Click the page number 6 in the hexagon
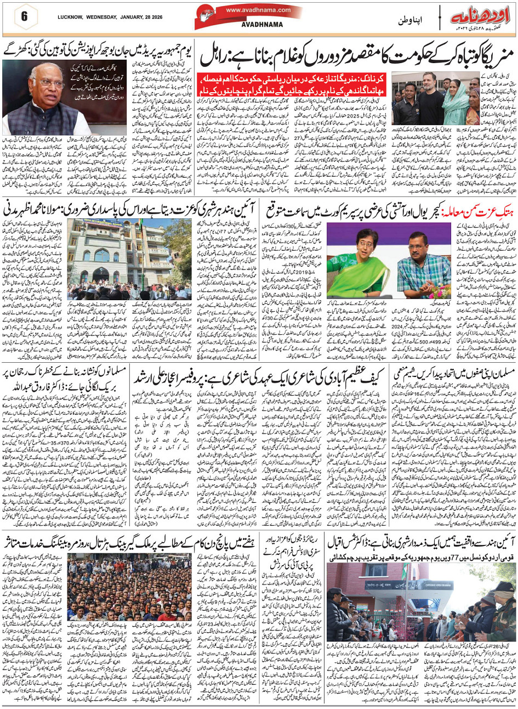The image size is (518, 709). [24, 16]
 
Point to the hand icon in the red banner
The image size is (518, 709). [210, 16]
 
